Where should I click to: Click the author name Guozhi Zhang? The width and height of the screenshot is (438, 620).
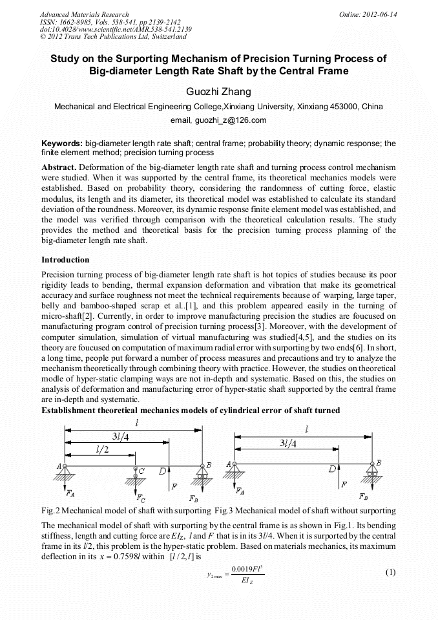click(x=218, y=92)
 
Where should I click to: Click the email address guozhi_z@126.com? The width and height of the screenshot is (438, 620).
click(x=218, y=120)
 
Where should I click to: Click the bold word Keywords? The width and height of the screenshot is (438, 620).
click(x=62, y=144)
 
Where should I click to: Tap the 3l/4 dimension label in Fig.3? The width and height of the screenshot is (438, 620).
click(x=291, y=444)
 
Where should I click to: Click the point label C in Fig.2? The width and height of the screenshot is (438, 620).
click(x=141, y=471)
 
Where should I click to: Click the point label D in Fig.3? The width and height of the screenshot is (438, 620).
click(x=332, y=468)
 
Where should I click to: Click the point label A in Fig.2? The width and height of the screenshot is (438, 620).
click(x=59, y=466)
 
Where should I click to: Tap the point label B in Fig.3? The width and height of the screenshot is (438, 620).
click(x=379, y=463)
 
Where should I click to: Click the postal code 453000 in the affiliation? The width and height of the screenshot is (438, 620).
click(x=344, y=106)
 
